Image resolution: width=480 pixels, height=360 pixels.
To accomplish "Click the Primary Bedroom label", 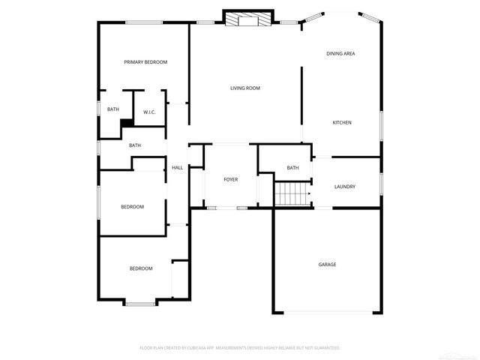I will point(145,61).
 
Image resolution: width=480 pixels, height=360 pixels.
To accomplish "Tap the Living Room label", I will point(244,88).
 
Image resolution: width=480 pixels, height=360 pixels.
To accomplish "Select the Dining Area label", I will point(340,53).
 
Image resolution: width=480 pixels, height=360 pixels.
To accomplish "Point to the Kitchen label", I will point(342,122).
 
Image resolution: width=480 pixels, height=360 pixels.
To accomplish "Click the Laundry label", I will point(345,187).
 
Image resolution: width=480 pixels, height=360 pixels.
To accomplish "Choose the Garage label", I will point(327,264).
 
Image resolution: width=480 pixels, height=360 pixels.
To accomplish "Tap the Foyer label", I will point(231,180).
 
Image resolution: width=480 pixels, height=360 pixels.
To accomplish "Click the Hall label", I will point(178,167).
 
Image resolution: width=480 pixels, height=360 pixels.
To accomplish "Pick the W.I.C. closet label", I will point(149,112).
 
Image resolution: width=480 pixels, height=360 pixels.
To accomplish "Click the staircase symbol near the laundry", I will point(292,195).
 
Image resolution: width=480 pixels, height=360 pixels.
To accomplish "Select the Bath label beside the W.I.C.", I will point(112,109).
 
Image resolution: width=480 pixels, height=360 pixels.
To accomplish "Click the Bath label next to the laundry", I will point(292,167).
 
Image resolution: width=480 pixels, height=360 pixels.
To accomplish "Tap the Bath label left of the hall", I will point(135,145).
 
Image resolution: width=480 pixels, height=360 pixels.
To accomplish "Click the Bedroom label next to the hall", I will point(133,207).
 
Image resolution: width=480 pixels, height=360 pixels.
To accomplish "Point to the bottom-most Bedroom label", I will point(141,268).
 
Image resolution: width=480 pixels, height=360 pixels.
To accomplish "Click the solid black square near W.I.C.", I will point(127,122).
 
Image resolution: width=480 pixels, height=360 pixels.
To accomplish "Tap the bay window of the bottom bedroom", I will point(140,303).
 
